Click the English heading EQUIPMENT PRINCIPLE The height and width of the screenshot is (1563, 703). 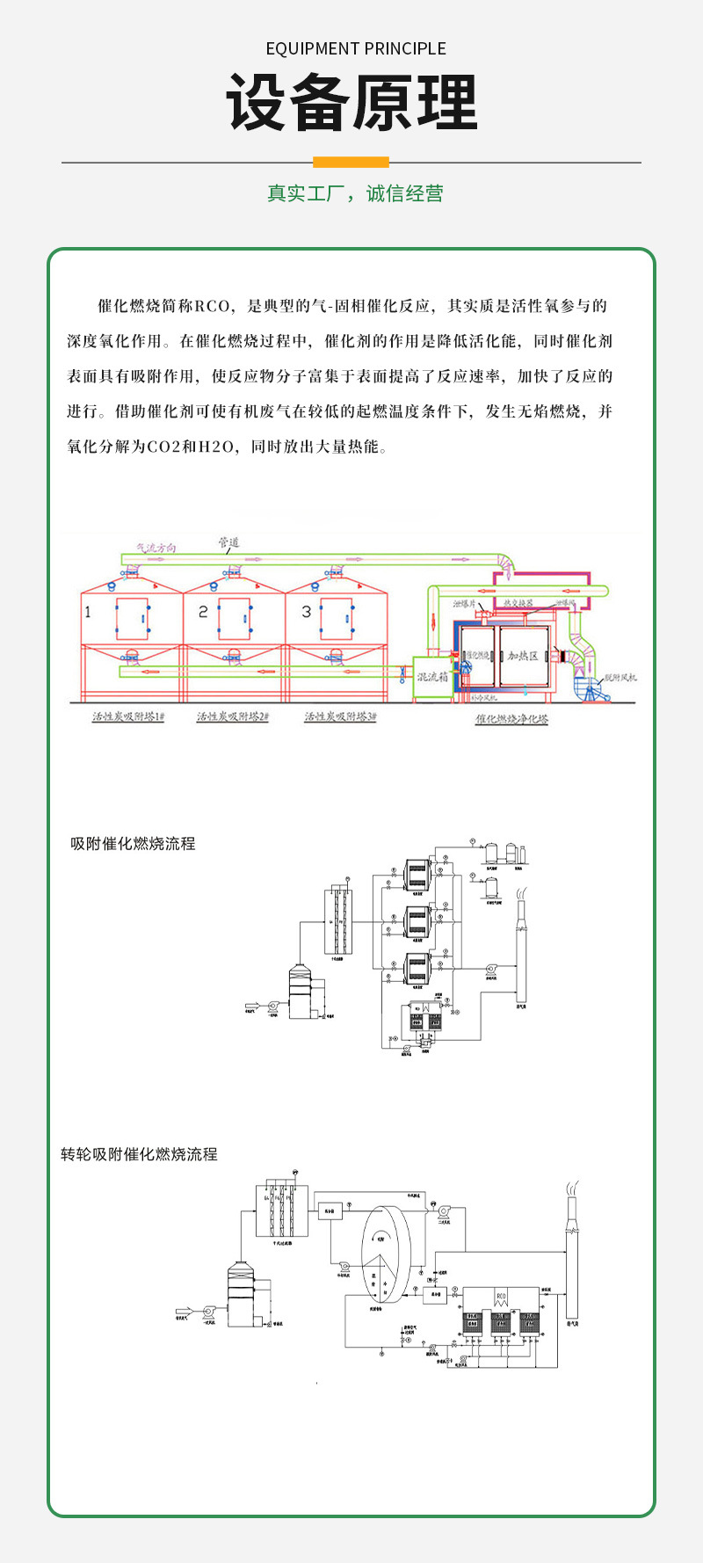[x=356, y=48]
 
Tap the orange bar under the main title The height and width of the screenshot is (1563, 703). [x=351, y=162]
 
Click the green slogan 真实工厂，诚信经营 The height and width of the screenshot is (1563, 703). [x=355, y=193]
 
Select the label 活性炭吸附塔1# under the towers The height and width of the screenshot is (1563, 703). [x=129, y=716]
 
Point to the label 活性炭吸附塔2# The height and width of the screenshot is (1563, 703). [x=233, y=716]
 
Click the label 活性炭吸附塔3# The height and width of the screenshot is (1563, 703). [x=340, y=716]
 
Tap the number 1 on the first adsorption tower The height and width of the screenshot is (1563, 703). [x=87, y=612]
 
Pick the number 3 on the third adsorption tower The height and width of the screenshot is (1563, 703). [x=306, y=612]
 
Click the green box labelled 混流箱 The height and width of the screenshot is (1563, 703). [x=432, y=678]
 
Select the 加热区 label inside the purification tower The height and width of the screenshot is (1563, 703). [x=523, y=656]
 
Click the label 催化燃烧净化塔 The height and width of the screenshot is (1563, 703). [x=511, y=719]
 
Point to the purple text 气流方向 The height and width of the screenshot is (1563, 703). [x=156, y=548]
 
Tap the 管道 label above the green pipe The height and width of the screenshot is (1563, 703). [x=228, y=542]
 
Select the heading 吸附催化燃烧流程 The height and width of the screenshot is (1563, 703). [x=133, y=844]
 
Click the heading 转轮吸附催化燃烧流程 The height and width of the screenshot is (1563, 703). [x=139, y=1154]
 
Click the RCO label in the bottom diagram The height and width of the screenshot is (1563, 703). [x=501, y=1298]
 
